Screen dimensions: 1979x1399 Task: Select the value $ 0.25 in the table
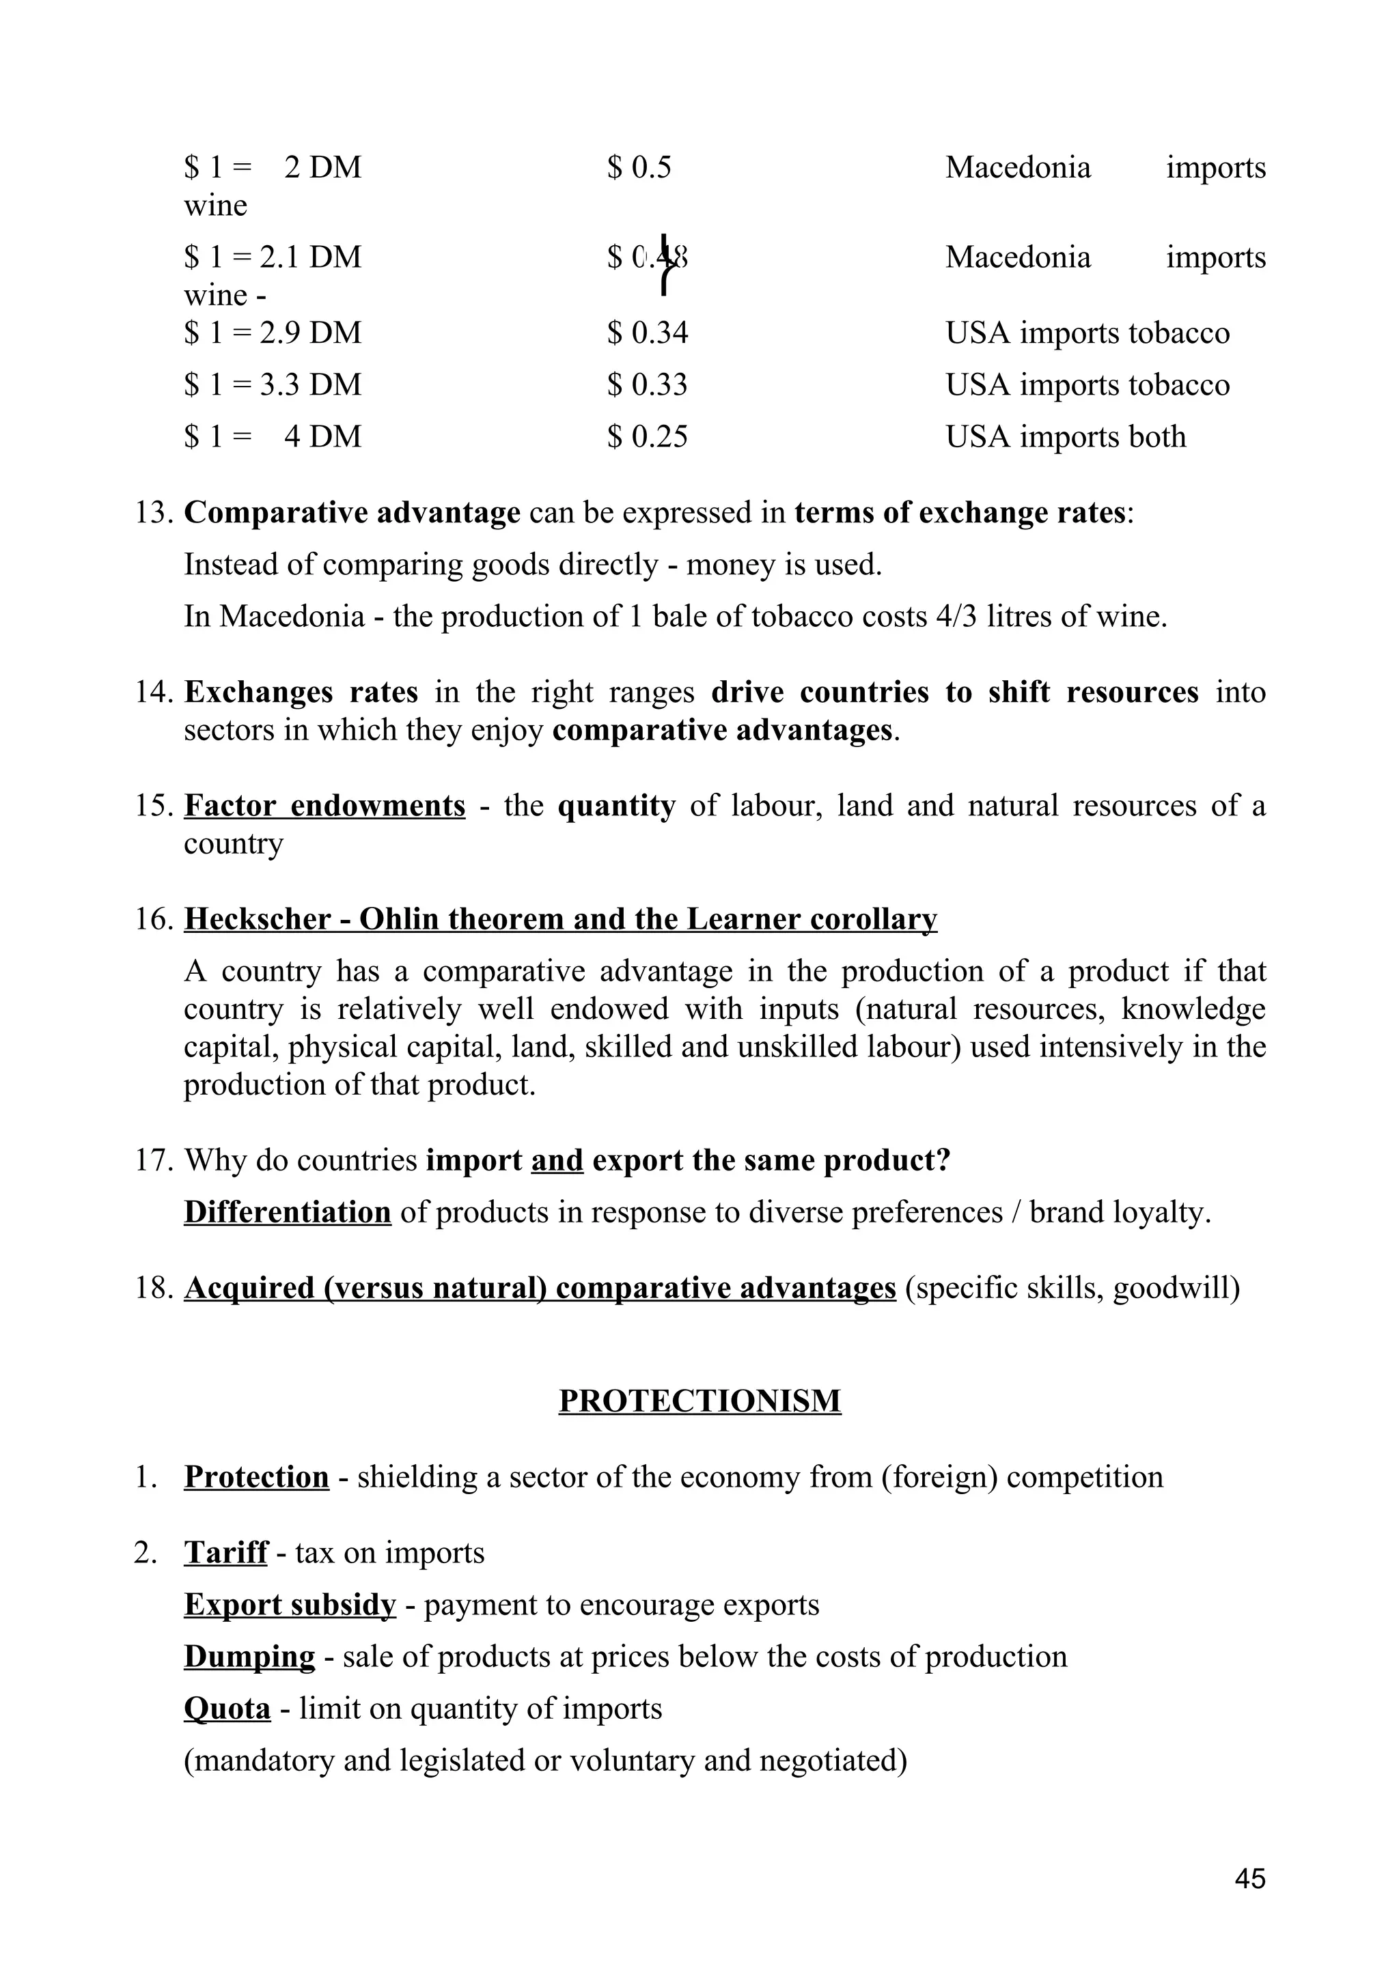[x=648, y=436]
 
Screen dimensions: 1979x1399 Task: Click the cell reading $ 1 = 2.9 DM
[x=273, y=333]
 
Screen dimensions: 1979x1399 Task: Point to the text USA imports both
[x=1066, y=436]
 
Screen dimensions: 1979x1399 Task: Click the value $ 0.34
[x=648, y=333]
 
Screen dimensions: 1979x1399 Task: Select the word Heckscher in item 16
[x=257, y=919]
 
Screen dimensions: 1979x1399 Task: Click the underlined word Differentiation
[x=287, y=1212]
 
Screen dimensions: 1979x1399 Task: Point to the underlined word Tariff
[x=226, y=1552]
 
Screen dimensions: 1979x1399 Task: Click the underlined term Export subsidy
[x=290, y=1604]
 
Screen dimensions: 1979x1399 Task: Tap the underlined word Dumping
[x=249, y=1656]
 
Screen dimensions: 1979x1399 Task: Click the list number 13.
[x=154, y=513]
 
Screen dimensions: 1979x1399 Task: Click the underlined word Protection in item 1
[x=256, y=1476]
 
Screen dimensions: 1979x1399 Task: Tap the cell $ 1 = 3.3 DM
[x=273, y=384]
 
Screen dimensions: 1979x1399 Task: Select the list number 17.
[x=154, y=1160]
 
